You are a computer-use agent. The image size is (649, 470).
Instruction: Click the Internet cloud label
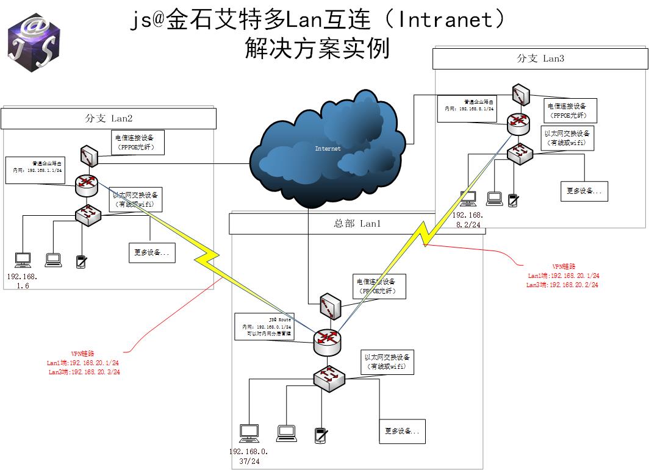[328, 148]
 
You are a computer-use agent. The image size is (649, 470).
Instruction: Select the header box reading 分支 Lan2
[109, 119]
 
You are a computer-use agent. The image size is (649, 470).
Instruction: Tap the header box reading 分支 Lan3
[540, 59]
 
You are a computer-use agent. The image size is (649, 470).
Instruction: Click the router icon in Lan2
[86, 185]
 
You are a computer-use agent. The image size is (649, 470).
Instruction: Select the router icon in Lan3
[518, 124]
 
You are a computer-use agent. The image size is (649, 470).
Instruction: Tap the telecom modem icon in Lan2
[88, 155]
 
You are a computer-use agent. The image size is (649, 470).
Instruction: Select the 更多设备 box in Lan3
[584, 191]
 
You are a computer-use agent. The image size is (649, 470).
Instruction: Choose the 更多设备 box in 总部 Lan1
[402, 432]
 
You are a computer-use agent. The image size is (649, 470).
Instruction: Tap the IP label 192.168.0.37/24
[248, 457]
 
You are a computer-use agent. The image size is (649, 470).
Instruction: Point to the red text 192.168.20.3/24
[84, 372]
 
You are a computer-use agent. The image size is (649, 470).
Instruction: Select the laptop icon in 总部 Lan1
[286, 433]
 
